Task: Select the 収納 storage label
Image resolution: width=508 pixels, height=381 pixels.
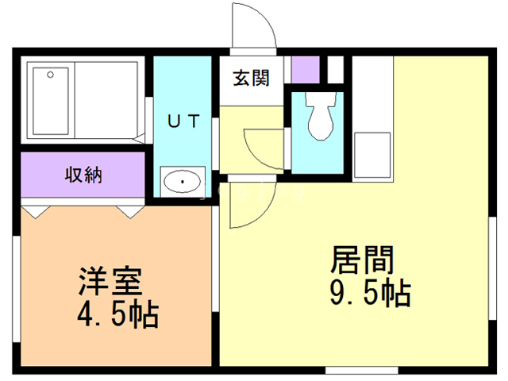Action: point(83,174)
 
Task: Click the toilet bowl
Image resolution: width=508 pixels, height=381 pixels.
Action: point(320,119)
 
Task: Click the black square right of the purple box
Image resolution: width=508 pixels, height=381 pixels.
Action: point(335,69)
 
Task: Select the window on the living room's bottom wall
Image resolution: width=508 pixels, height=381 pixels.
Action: point(350,369)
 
